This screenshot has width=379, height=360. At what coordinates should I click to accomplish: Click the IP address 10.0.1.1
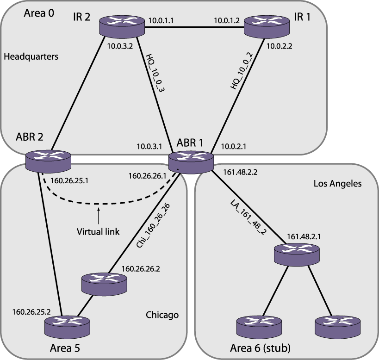[x=162, y=20]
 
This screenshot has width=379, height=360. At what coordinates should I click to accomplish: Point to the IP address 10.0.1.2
[x=227, y=20]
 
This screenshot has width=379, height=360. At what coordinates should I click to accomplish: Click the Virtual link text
[x=98, y=231]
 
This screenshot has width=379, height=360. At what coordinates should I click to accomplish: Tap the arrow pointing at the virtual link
[x=99, y=214]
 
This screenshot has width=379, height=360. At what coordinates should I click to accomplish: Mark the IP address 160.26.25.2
[x=31, y=311]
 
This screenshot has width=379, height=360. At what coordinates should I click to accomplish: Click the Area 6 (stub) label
[x=260, y=348]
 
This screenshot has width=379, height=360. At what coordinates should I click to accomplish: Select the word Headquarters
[x=31, y=56]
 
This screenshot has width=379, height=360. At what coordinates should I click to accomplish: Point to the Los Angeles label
[x=337, y=184]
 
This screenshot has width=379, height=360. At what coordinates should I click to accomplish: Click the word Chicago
[x=162, y=315]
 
